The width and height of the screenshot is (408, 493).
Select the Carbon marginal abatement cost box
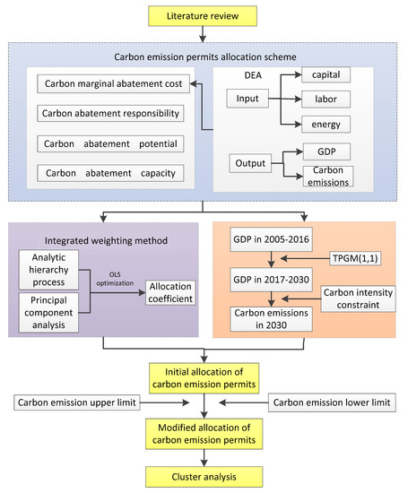click(110, 86)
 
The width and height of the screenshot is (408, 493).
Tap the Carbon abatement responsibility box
click(110, 115)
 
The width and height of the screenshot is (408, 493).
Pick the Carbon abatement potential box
click(110, 143)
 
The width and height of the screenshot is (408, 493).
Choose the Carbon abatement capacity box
click(110, 171)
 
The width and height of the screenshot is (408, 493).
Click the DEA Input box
click(255, 97)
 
